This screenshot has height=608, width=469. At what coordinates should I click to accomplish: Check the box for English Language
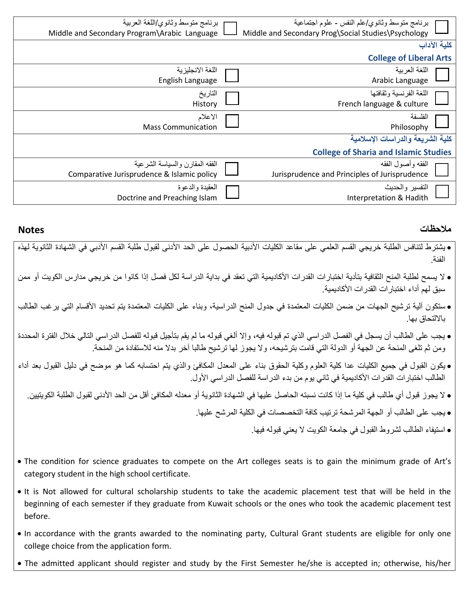(x=232, y=75)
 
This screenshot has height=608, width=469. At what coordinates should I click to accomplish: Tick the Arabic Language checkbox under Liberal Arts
(x=442, y=74)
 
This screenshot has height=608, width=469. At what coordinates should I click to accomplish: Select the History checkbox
(x=232, y=98)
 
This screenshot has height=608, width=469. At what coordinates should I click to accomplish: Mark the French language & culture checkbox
(x=442, y=98)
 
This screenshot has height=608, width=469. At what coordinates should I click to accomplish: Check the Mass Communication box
(x=232, y=121)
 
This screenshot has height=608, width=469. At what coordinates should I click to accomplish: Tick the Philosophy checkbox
(x=442, y=121)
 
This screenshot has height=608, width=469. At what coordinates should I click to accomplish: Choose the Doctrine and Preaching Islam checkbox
(x=232, y=192)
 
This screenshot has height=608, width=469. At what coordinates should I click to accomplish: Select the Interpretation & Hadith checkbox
(x=442, y=191)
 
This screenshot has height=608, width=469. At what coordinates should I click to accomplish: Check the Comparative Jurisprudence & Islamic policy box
(x=232, y=169)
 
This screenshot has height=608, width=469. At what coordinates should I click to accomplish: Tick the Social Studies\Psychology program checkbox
(x=442, y=27)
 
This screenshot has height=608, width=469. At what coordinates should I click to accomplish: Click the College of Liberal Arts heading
(x=409, y=58)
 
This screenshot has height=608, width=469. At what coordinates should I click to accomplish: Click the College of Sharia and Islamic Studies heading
(x=382, y=152)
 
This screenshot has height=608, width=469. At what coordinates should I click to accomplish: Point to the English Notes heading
(x=31, y=230)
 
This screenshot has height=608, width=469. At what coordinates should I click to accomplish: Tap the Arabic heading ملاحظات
(x=436, y=229)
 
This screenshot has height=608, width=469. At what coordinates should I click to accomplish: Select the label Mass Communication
(x=180, y=127)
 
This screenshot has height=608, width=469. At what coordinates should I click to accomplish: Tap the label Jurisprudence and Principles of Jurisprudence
(x=349, y=174)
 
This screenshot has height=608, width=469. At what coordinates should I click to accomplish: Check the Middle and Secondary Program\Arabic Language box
(x=230, y=28)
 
